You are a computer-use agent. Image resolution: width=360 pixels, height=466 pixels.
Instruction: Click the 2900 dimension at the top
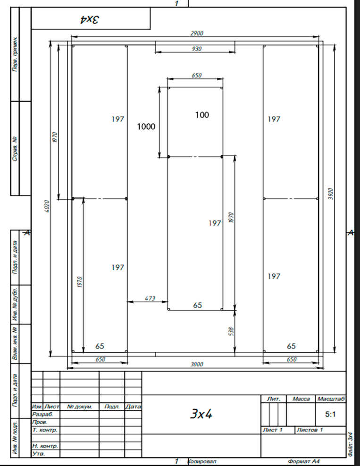tap(197, 33)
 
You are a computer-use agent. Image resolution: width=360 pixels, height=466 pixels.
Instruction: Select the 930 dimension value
tap(197, 49)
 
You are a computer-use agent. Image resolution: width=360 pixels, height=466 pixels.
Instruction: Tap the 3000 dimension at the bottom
tap(197, 364)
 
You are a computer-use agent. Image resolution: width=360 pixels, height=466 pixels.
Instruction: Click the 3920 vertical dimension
tap(331, 194)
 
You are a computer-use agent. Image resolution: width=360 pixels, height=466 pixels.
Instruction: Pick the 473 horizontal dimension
tap(150, 298)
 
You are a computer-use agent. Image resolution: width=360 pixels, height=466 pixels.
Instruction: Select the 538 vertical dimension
tap(231, 331)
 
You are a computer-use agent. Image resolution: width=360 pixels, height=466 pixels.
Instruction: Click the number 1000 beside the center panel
tap(146, 127)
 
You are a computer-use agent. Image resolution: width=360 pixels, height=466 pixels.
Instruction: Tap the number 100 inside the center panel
tap(202, 115)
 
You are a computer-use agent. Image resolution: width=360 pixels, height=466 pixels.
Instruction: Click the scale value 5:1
tap(330, 414)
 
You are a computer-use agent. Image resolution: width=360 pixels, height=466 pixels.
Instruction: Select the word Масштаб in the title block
tap(331, 399)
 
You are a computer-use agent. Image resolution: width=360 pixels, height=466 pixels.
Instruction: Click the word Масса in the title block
tap(301, 399)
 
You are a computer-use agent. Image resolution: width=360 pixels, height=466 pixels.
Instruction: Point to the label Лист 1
tap(273, 430)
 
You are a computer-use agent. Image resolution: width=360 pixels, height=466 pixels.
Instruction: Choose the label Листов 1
tap(310, 430)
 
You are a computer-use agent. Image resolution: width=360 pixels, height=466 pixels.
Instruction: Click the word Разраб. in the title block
tap(42, 414)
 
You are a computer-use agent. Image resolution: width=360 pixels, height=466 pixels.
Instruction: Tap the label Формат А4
tap(303, 461)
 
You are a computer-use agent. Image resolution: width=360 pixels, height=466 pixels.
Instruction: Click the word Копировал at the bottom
tap(202, 461)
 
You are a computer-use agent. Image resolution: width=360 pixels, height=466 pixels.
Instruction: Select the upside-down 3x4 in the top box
tap(89, 20)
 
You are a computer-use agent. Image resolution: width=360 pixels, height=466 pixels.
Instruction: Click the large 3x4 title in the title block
tap(201, 414)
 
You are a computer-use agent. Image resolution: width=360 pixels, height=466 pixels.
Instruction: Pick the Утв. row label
tap(39, 454)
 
